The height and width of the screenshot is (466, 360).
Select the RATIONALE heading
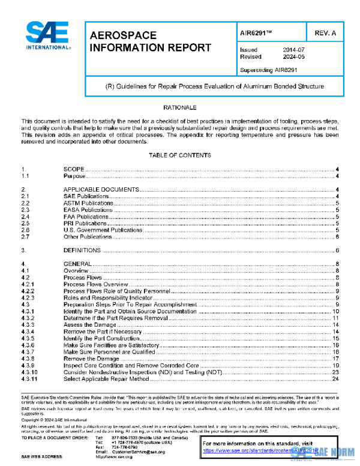(x=180, y=107)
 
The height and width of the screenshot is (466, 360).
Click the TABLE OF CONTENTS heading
(x=180, y=155)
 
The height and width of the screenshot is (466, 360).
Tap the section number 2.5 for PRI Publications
(x=25, y=223)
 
